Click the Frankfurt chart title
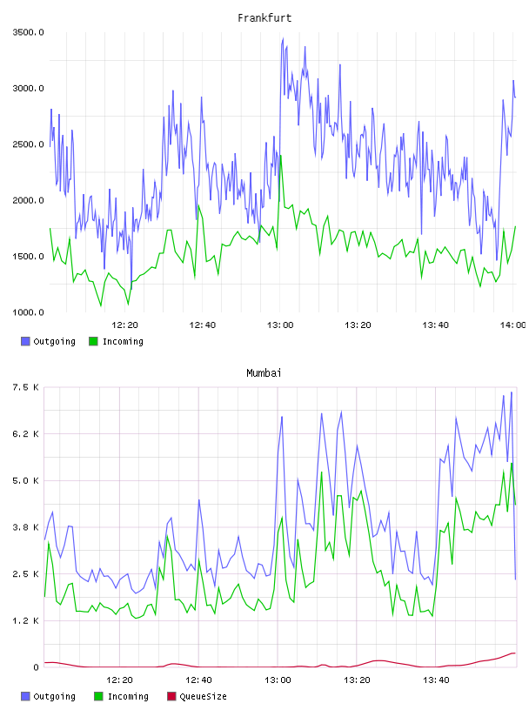click(x=264, y=18)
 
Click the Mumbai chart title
click(x=264, y=373)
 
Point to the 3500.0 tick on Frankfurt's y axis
click(x=28, y=32)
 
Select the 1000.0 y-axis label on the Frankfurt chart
click(x=28, y=312)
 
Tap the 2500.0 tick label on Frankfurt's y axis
click(x=28, y=144)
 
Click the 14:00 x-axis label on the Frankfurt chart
click(x=512, y=325)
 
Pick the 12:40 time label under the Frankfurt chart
click(x=203, y=325)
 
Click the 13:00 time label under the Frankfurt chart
click(x=280, y=325)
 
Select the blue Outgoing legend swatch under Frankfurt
click(x=25, y=341)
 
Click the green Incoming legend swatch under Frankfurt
click(x=93, y=341)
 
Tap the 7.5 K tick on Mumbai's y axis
click(x=26, y=387)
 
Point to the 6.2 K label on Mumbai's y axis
click(x=26, y=434)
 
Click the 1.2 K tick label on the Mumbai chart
click(x=26, y=620)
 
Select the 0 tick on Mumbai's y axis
click(x=37, y=667)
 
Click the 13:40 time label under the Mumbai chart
click(x=436, y=680)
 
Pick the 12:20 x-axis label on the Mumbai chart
click(x=119, y=680)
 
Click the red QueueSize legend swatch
click(x=171, y=696)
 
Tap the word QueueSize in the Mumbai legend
click(x=204, y=696)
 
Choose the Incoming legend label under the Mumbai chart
click(x=128, y=696)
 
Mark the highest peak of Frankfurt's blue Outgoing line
click(x=283, y=38)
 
